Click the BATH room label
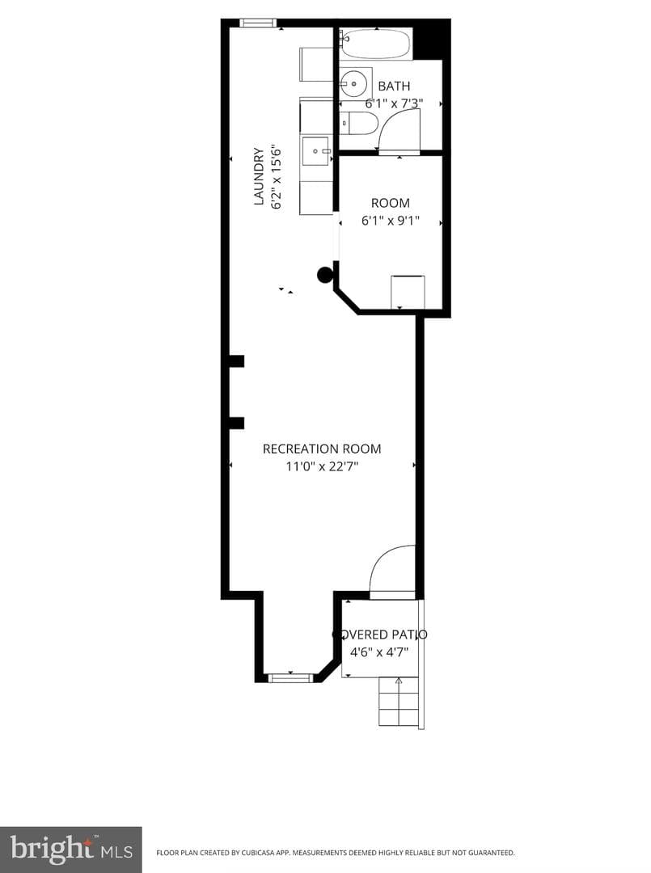[x=394, y=86]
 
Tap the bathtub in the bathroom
[x=376, y=44]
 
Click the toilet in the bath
[x=359, y=123]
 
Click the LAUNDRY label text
[x=259, y=176]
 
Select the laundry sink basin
[x=317, y=152]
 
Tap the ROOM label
[x=391, y=203]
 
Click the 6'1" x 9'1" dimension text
[x=391, y=221]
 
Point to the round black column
[x=324, y=275]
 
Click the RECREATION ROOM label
[x=322, y=449]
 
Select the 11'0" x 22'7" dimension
[x=322, y=466]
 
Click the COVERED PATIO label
[x=380, y=635]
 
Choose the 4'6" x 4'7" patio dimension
[x=379, y=652]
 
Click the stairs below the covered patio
[x=399, y=702]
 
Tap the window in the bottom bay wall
[x=290, y=677]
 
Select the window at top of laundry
[x=258, y=23]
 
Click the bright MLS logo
[x=70, y=850]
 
